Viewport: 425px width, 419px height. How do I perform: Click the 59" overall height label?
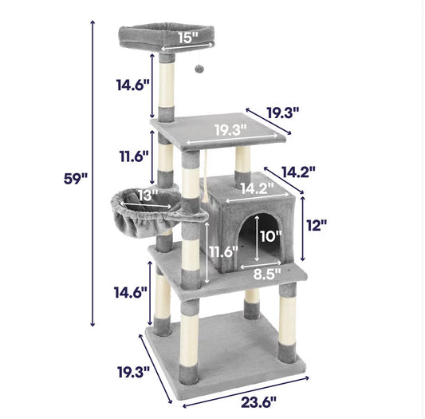tap(76, 179)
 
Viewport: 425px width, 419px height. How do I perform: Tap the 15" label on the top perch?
tap(188, 38)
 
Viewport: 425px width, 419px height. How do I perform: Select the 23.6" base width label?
tap(258, 402)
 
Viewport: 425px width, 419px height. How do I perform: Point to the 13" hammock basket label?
tap(148, 195)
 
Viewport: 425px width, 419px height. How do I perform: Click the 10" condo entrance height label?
tap(271, 236)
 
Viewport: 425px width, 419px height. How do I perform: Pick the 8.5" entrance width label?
tap(268, 274)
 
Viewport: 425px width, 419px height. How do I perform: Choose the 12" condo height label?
tap(317, 225)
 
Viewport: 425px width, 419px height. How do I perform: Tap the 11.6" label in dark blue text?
tap(134, 156)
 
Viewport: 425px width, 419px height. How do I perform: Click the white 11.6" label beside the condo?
tap(223, 252)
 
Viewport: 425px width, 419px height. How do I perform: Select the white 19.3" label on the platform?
tap(231, 130)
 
